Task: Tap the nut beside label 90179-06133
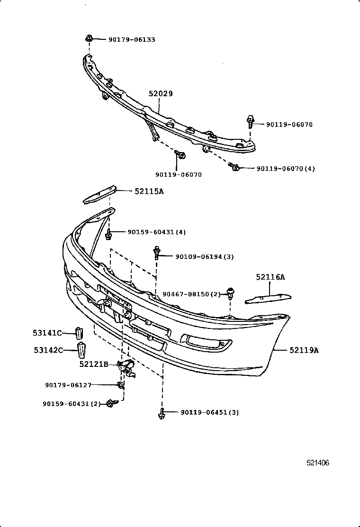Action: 89,38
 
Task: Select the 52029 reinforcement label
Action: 160,94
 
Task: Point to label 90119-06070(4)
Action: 286,168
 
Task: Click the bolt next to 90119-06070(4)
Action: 234,167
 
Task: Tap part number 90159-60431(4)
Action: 156,232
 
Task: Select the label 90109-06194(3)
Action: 205,256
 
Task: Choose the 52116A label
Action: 270,277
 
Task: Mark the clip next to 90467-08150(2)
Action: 231,293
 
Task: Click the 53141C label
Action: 47,333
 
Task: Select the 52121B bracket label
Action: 94,364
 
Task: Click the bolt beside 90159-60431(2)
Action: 110,403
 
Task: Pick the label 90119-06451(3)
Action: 209,412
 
